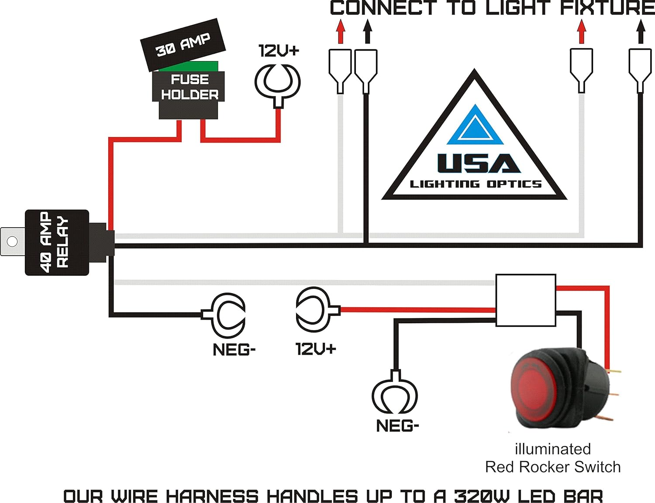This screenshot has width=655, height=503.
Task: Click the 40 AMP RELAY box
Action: pos(57,243)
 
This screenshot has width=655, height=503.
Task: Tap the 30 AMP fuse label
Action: pos(183,44)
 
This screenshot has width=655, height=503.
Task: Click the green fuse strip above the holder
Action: pos(189,66)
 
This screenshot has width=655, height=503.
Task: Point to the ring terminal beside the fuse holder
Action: pos(278,82)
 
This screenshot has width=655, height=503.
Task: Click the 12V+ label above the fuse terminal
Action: pos(279,51)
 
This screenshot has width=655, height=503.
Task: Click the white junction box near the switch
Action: pos(526,300)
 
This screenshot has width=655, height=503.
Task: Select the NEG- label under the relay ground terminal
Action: pos(234,349)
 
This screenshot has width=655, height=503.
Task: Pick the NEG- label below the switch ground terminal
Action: pos(397,426)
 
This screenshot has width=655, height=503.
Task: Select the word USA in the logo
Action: pos(479,164)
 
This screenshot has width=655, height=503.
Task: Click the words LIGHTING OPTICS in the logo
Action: pos(476,184)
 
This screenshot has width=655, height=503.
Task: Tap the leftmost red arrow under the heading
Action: pos(341,31)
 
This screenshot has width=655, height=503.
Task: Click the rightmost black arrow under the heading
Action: pos(641,31)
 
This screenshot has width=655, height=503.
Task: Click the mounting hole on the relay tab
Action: pos(12,241)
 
